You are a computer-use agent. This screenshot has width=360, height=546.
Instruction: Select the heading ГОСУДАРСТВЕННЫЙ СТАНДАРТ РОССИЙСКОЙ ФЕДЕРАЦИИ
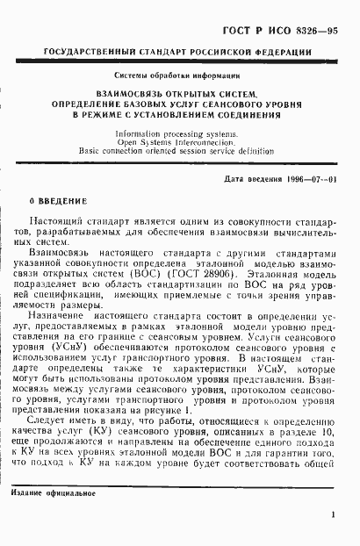pos(181,53)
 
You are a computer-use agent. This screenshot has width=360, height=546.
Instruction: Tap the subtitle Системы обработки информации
pos(180,76)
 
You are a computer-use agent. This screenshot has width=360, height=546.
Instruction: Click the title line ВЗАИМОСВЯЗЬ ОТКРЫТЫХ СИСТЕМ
pos(180,93)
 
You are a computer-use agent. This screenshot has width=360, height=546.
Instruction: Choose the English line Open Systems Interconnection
pos(180,140)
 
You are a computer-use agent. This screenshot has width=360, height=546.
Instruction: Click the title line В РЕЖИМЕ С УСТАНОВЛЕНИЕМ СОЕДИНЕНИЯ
pos(180,114)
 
